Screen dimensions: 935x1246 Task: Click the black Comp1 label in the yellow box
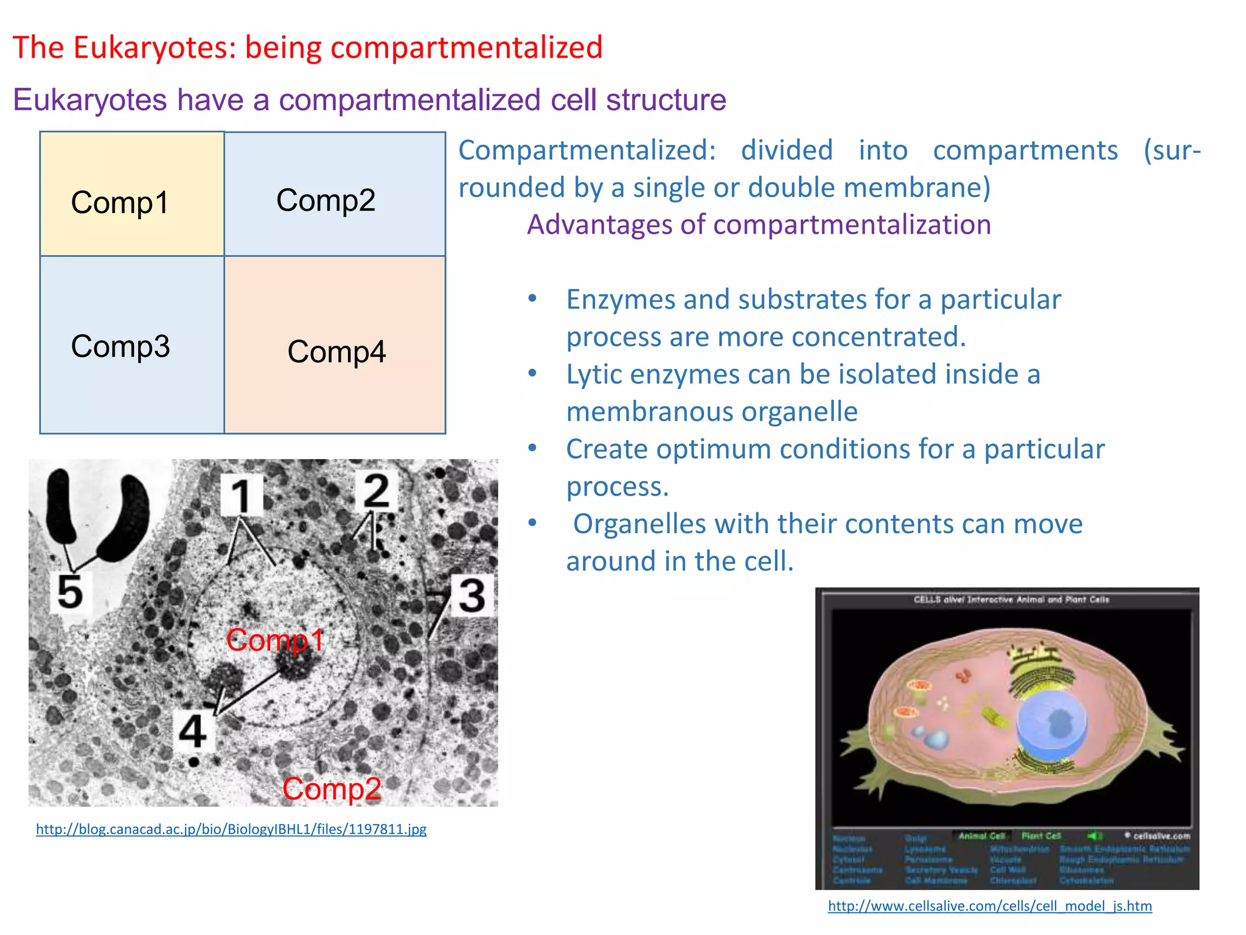pos(120,203)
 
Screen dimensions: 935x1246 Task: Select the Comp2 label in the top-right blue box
pos(325,200)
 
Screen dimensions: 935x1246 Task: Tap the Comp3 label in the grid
pos(120,346)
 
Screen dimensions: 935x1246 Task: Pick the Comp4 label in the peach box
pos(336,352)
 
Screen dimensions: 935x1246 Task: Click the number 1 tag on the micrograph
pos(242,496)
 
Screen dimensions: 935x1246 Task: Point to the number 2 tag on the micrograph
pos(375,491)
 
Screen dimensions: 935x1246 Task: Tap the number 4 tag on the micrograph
pos(193,730)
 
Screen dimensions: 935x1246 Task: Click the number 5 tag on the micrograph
pos(69,591)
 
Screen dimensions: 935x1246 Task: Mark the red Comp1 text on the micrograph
pos(275,640)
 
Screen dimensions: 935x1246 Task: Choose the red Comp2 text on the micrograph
pos(332,789)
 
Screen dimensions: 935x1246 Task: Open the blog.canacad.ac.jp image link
pos(231,829)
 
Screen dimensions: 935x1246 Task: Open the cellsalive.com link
pos(990,906)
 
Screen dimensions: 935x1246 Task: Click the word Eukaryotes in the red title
pos(154,47)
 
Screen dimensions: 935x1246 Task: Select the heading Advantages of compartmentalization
pos(759,225)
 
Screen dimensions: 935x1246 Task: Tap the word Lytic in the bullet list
pos(594,375)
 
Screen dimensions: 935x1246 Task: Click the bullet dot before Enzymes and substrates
pos(532,298)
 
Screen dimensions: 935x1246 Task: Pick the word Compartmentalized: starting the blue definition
pos(586,150)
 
